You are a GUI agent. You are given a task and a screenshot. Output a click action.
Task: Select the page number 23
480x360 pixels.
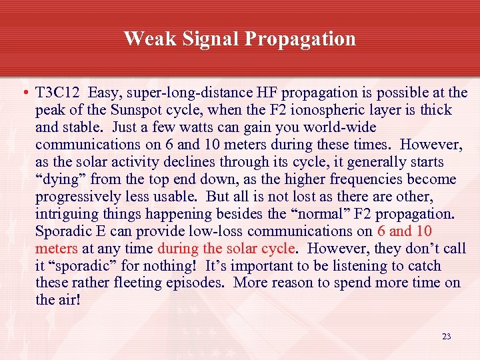[x=446, y=337]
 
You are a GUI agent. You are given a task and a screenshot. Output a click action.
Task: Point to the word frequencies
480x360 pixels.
[x=363, y=179]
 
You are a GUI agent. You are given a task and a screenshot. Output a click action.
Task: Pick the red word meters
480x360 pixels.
[x=57, y=249]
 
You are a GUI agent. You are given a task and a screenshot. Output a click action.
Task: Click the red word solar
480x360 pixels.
[x=245, y=249]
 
